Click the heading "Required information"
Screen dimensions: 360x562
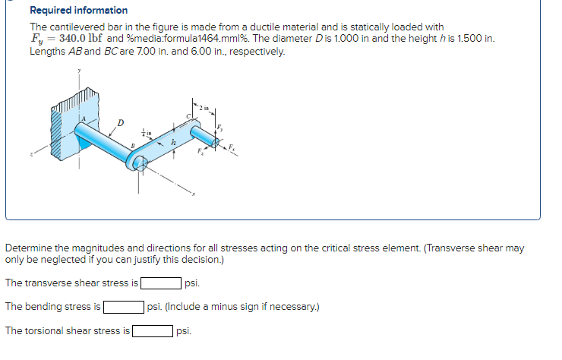(x=78, y=11)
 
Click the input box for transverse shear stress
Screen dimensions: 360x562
(x=161, y=284)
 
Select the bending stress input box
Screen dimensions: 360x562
(x=124, y=307)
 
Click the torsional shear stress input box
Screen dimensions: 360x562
(x=152, y=331)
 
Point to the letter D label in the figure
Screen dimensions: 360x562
(x=119, y=120)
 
